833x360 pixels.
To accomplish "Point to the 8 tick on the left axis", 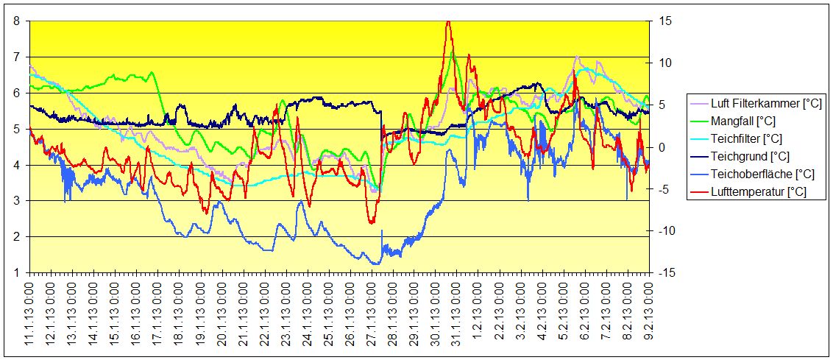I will (x=17, y=21).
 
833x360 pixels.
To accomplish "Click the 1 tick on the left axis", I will (x=17, y=272).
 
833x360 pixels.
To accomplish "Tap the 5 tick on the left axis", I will (x=17, y=129).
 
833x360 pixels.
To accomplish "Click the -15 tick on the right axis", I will (x=664, y=272).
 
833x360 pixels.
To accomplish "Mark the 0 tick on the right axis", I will (x=660, y=147).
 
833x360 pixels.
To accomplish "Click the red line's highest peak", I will (x=448, y=21).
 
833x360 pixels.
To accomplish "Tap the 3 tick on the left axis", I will (x=17, y=200).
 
